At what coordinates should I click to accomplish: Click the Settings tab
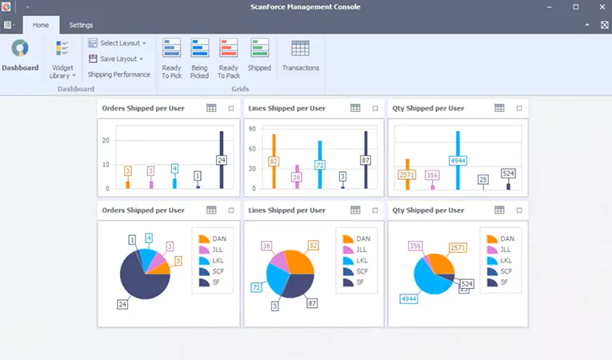click(81, 25)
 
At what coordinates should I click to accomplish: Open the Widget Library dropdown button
click(63, 59)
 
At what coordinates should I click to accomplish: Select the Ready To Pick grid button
click(171, 58)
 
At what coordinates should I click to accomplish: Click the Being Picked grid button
click(199, 58)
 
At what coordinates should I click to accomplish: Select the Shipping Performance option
click(119, 74)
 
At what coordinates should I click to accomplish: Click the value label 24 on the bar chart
click(222, 160)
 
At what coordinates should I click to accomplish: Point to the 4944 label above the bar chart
click(458, 160)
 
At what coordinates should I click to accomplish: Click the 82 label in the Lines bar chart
click(274, 161)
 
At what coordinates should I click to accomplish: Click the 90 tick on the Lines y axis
click(251, 129)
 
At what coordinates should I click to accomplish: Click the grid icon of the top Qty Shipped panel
click(499, 108)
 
